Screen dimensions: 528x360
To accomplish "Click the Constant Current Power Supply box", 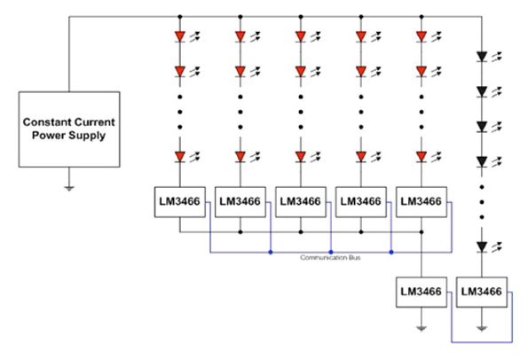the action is click(x=69, y=129).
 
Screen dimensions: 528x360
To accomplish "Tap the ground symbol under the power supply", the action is click(x=69, y=188).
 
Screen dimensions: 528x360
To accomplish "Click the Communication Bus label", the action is click(x=330, y=258).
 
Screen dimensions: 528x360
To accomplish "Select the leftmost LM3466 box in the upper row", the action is click(x=180, y=202).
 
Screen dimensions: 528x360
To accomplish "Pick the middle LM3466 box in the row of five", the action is click(x=301, y=202).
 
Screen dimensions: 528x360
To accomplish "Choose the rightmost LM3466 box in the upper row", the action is click(x=422, y=202).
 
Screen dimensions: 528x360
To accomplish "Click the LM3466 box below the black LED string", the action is click(x=482, y=292).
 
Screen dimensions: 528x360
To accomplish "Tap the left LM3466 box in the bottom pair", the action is click(x=422, y=292).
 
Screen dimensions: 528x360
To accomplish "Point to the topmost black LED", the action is click(x=482, y=57).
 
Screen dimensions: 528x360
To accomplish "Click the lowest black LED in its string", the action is click(x=482, y=247).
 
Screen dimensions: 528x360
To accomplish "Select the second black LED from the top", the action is click(x=482, y=91).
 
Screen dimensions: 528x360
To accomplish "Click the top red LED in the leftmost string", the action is click(x=180, y=36).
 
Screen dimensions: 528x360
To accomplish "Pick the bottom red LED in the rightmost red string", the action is click(x=422, y=157).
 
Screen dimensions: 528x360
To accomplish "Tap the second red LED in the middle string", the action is click(x=301, y=72).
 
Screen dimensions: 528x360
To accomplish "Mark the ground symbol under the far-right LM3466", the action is click(x=482, y=329).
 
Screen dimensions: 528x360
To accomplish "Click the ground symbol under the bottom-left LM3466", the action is click(x=422, y=329).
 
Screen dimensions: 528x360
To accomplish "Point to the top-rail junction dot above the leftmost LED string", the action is click(x=180, y=17).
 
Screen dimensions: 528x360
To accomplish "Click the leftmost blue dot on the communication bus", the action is click(x=271, y=252).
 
